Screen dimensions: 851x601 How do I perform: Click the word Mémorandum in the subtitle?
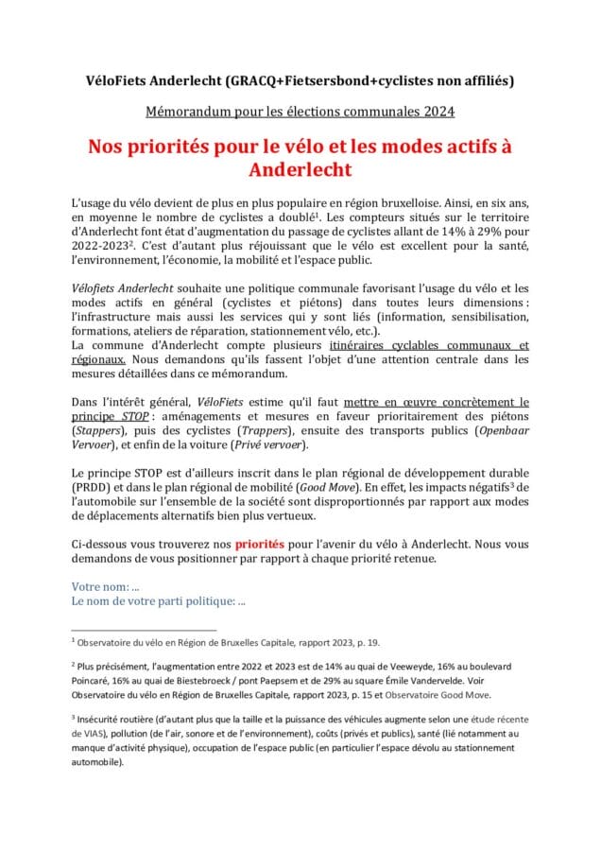point(189,113)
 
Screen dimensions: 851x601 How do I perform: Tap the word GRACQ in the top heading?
point(288,81)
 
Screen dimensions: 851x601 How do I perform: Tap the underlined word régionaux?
point(98,360)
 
